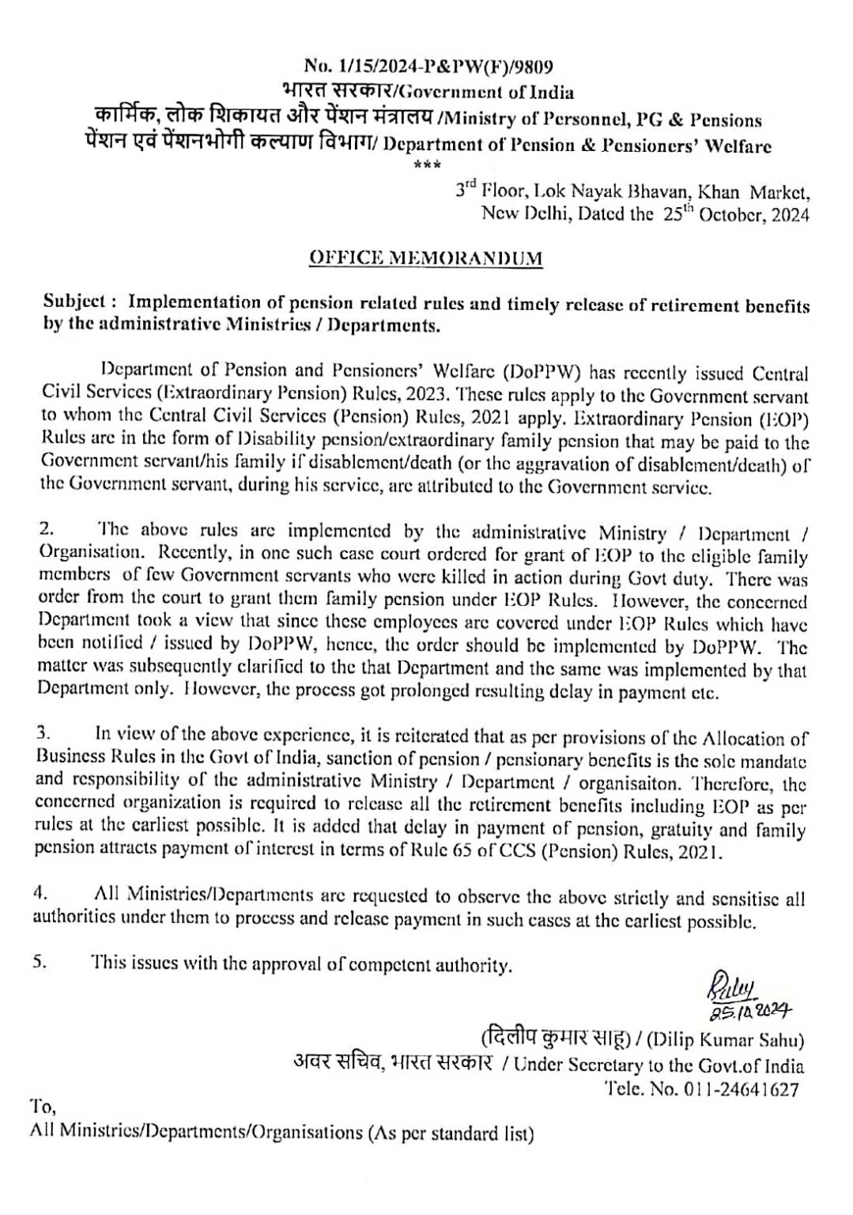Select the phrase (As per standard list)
tap(450, 1133)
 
